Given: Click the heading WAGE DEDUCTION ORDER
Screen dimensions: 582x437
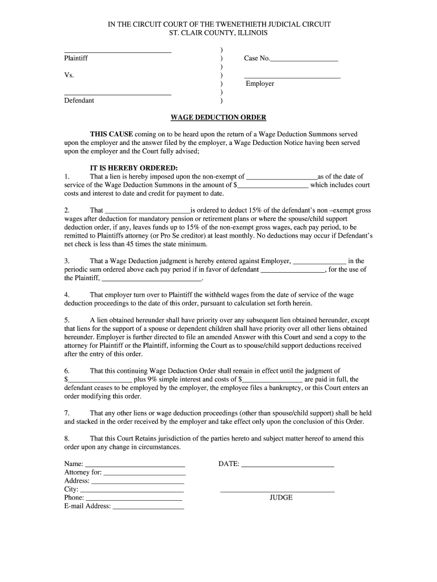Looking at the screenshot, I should pos(218,118).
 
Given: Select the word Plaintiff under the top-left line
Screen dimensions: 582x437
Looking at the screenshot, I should pos(76,59).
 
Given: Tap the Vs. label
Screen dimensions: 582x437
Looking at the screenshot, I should pos(69,75).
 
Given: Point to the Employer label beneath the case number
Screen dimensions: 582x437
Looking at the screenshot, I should pos(260,84).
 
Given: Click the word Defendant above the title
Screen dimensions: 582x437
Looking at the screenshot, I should pos(79,101).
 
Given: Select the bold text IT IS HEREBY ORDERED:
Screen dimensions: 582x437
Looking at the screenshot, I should pos(134,168).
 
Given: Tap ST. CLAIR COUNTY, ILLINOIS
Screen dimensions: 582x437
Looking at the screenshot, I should pos(218,33).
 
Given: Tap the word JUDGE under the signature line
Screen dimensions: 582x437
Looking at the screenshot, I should pos(281,497).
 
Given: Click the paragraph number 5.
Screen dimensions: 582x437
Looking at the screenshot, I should pos(67,320).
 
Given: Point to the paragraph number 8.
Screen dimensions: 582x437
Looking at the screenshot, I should pos(67,438).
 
